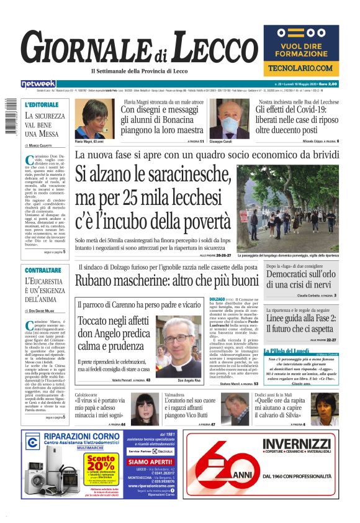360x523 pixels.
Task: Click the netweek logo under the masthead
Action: pyautogui.click(x=38, y=83)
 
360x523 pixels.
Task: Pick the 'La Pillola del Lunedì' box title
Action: pyautogui.click(x=287, y=351)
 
